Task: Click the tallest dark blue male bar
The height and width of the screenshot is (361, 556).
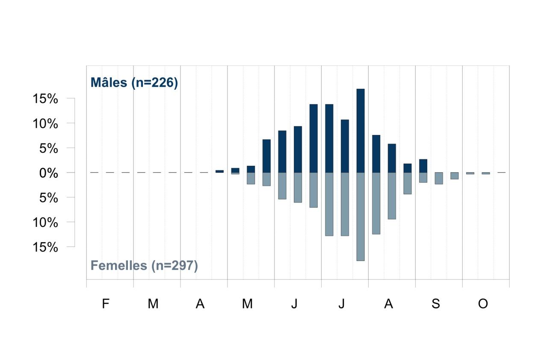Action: click(x=361, y=131)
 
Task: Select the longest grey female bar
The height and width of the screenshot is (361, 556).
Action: click(x=361, y=217)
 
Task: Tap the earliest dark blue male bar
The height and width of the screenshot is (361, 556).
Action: click(x=219, y=171)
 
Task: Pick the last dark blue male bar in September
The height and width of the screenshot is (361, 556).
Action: click(x=423, y=166)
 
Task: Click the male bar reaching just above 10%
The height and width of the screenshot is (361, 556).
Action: click(x=345, y=146)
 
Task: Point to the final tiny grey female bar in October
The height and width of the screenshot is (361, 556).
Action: click(x=486, y=173)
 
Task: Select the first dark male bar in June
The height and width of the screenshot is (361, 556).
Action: click(x=282, y=152)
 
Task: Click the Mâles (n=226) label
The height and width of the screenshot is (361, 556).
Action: click(x=134, y=82)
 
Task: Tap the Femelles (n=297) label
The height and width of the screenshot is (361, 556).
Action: click(x=144, y=266)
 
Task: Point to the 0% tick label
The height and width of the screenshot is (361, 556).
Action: click(x=49, y=173)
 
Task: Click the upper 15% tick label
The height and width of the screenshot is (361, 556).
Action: click(x=45, y=99)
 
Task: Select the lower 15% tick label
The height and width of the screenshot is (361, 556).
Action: click(x=45, y=247)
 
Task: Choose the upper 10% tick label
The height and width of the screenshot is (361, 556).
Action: click(x=45, y=123)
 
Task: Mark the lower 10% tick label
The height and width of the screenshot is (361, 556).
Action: click(x=45, y=223)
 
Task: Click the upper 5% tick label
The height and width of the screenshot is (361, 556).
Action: click(x=49, y=148)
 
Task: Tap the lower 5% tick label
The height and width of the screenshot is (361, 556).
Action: click(x=49, y=198)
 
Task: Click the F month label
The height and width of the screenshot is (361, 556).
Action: click(x=106, y=304)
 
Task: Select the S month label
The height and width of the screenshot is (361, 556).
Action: click(x=436, y=304)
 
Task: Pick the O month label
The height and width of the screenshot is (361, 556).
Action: click(x=483, y=304)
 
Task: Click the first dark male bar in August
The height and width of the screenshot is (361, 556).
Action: click(x=376, y=154)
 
